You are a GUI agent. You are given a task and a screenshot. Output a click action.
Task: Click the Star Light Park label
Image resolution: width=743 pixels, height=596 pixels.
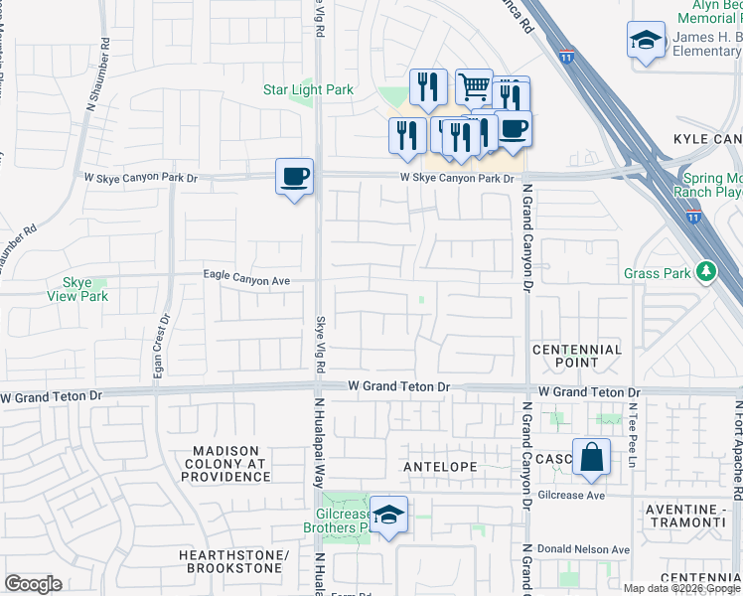coord(308,89)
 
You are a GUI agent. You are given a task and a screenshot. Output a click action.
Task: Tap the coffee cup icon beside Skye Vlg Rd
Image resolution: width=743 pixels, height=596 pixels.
coord(294,178)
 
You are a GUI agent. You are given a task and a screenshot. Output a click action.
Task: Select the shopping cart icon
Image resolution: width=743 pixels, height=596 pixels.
coord(475,86)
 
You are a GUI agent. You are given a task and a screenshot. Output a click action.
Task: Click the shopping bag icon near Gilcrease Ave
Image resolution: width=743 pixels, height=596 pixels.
coord(591,459)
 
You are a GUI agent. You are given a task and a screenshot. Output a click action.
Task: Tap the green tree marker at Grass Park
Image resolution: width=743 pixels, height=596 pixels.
coord(706,271)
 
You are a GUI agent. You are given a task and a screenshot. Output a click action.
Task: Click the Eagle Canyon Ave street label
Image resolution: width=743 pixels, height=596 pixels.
coord(246,281)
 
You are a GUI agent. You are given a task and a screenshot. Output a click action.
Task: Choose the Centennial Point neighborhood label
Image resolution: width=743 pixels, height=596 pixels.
coord(577,356)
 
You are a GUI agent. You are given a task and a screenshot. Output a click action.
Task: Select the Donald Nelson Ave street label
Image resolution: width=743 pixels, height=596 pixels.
coord(584,549)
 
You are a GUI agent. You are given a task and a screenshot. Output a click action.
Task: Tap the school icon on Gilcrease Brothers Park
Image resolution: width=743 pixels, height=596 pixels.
coord(389,516)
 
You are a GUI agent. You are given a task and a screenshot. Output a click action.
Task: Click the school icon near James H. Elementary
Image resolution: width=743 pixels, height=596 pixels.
coord(646,41)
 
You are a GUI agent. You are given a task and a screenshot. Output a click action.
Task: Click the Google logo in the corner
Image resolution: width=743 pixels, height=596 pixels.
coord(33,583)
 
